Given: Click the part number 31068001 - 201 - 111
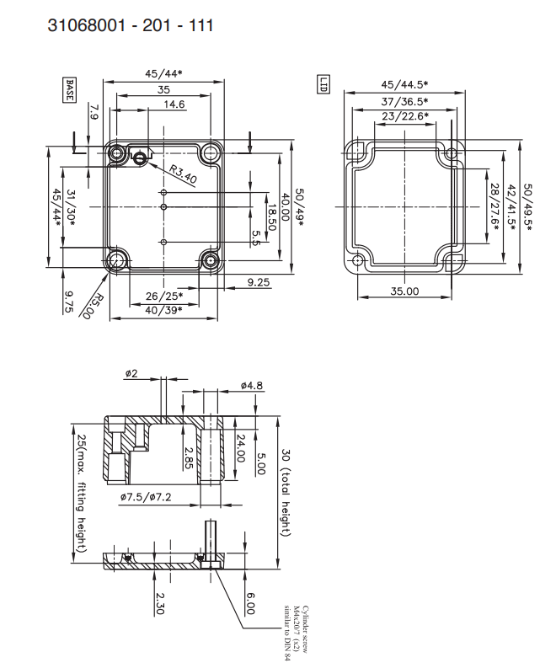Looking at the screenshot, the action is click(131, 25).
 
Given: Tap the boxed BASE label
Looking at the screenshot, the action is click(69, 90).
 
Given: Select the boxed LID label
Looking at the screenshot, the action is click(323, 84).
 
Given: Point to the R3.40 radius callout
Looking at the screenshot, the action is click(184, 174).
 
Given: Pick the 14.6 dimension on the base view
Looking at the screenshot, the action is click(174, 104).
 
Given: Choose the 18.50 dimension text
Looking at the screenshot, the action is click(273, 216).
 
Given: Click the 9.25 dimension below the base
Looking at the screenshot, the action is click(259, 282).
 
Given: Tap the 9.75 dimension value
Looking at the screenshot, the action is click(68, 302).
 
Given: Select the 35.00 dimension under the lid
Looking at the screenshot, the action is click(404, 291).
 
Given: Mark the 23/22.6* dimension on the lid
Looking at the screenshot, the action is click(405, 116).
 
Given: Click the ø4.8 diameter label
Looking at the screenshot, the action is click(252, 386).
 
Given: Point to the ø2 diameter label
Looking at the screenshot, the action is click(131, 374).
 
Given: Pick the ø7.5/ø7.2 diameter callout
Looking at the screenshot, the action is click(146, 497).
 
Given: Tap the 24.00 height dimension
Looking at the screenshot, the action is click(241, 448).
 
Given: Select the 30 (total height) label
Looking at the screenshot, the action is click(286, 493).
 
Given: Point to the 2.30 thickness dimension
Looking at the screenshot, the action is click(159, 603).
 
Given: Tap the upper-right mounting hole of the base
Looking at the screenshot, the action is click(210, 152).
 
